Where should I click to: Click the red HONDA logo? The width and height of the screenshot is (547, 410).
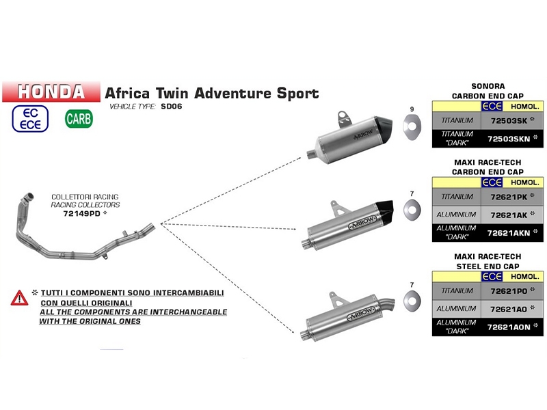[x=52, y=92]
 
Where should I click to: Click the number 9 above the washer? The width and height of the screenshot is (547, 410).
[x=412, y=110]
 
